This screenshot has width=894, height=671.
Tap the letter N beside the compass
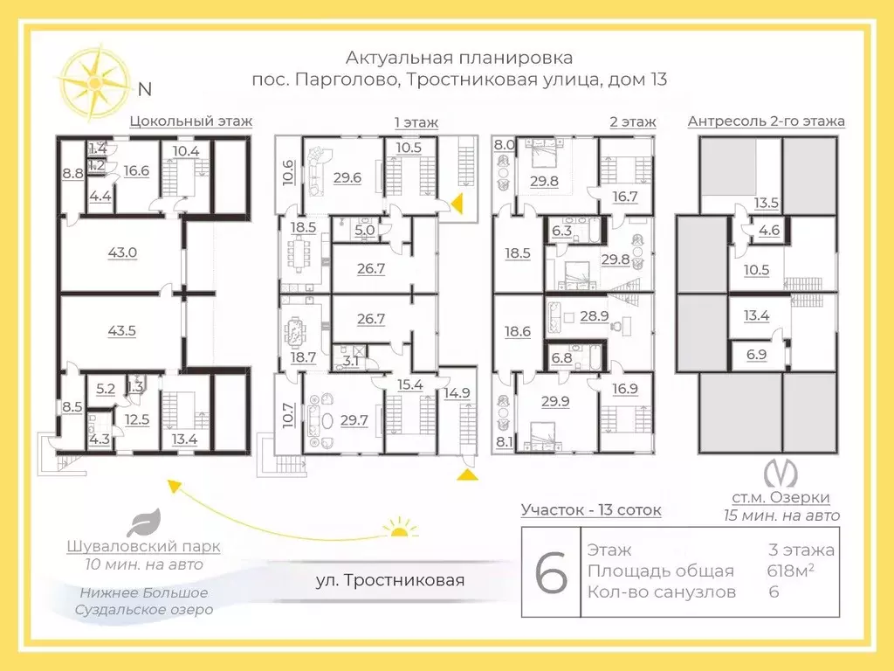point(145,90)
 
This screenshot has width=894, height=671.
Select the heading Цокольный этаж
point(190,121)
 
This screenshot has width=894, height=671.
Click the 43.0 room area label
point(122,252)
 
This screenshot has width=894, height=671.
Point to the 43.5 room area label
point(122,331)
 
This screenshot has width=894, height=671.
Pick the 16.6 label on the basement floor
point(136,170)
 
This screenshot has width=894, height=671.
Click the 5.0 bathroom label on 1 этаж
point(365,231)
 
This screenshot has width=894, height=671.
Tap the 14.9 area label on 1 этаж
point(457,392)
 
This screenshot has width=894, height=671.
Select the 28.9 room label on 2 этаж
point(594,315)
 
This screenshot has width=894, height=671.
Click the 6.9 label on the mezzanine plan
point(757,355)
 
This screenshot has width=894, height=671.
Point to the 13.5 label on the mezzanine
point(766,203)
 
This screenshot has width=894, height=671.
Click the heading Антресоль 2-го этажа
point(767,121)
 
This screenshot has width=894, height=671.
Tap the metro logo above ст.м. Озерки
point(780,473)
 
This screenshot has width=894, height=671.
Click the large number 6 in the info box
point(552,571)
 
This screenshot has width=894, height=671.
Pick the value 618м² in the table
point(790,570)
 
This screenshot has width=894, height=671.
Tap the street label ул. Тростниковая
point(390,580)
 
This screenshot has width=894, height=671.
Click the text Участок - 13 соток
point(591,509)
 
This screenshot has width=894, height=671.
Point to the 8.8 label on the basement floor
point(73,174)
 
